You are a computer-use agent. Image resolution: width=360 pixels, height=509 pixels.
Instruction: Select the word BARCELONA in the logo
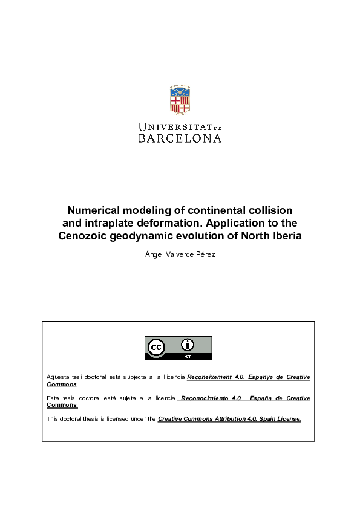pyautogui.click(x=180, y=138)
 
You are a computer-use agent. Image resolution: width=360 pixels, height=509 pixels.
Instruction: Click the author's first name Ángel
pyautogui.click(x=154, y=255)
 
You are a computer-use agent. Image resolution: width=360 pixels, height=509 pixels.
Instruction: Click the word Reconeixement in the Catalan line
pyautogui.click(x=209, y=377)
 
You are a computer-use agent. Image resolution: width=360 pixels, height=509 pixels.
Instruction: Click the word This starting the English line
pyautogui.click(x=53, y=419)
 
